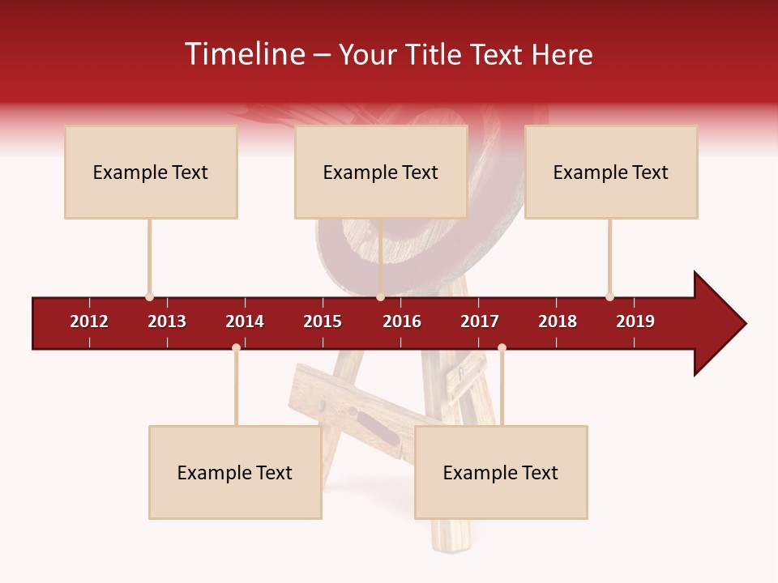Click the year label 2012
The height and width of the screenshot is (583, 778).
coord(89,321)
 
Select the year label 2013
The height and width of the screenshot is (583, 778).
coord(167,321)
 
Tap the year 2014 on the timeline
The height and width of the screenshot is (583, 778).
coord(245,321)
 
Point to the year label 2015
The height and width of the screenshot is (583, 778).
coord(323,321)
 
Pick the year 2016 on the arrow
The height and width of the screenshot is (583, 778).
coord(402,321)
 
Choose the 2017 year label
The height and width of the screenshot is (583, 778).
coord(480,321)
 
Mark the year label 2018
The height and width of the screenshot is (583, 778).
coord(558,321)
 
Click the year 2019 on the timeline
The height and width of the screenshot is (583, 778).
coord(635,321)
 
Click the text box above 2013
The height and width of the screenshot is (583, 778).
coord(151,172)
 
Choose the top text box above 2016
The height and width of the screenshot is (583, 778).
coord(381,172)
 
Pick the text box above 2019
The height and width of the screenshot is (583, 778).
coord(611,172)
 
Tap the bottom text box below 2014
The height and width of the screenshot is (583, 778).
coord(235,472)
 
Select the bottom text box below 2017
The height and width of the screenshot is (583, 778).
coord(501,472)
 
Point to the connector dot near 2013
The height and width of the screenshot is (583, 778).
coord(149,296)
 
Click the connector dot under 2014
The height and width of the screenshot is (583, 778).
coord(236,347)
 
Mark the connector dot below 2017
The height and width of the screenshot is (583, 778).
coord(502,347)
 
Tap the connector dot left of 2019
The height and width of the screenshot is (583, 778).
coord(609,296)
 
